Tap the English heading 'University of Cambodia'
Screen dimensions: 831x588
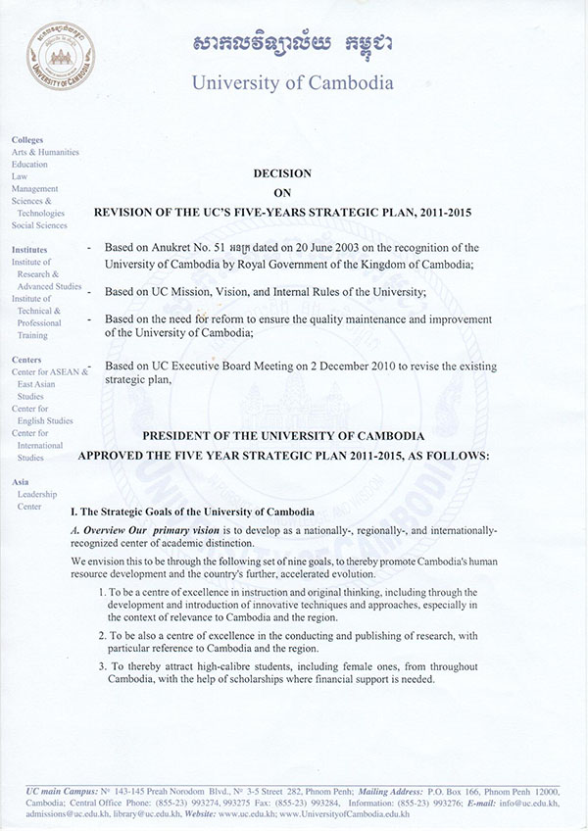292,81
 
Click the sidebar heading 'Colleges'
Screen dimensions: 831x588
27,140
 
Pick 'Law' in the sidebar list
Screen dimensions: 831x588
20,176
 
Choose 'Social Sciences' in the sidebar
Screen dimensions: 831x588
38,225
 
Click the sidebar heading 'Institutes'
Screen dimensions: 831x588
29,250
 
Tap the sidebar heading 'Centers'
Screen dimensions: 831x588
26,360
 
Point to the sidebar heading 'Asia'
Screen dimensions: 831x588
21,482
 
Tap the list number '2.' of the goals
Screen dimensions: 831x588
104,636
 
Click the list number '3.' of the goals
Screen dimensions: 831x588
104,667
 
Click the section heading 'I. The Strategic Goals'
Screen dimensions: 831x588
192,513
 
